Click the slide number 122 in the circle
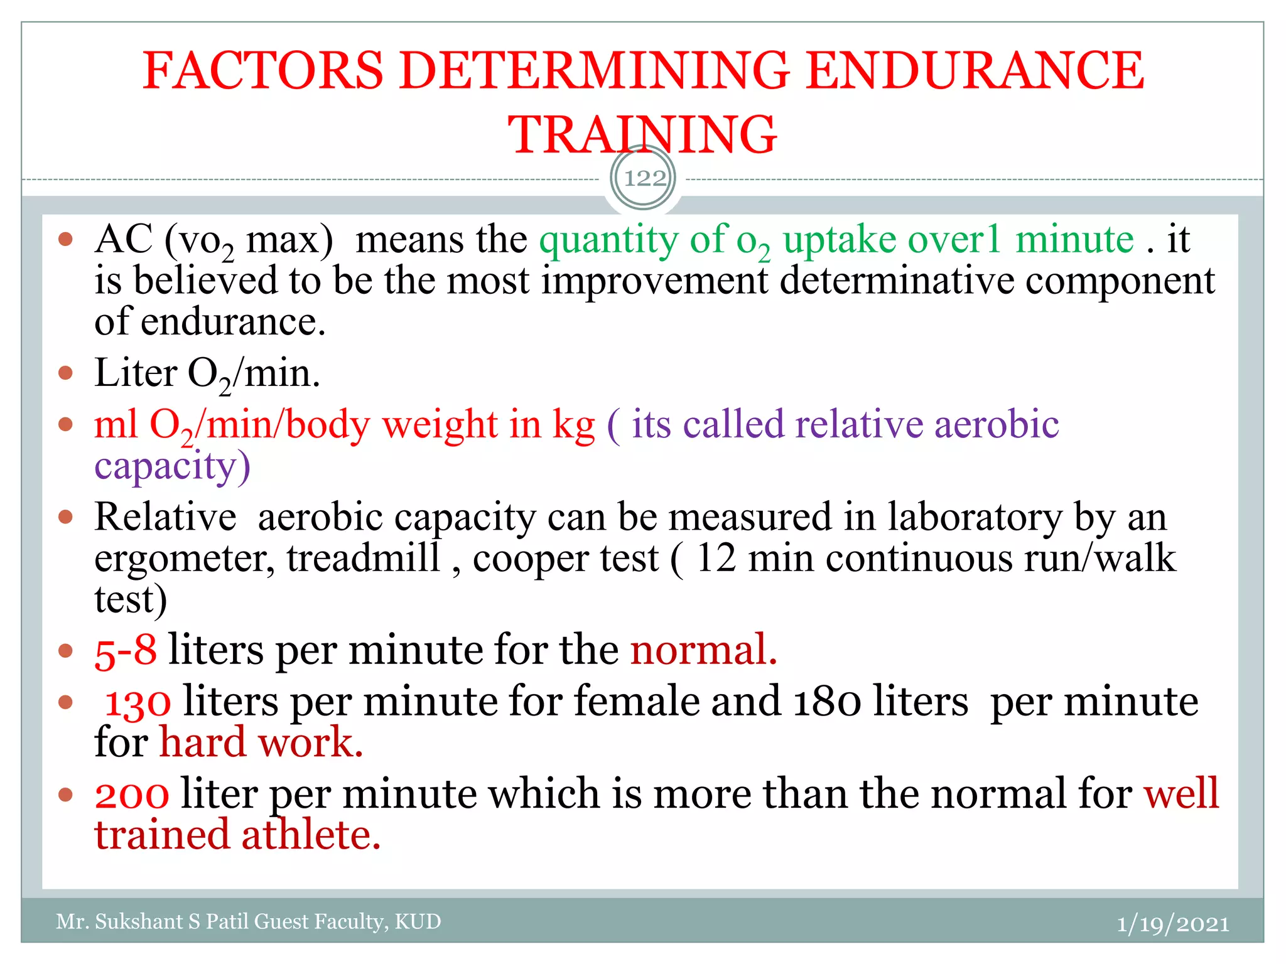click(644, 178)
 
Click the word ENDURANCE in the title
click(975, 70)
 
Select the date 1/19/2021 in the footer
click(1172, 924)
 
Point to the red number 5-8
click(125, 650)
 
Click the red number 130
click(138, 702)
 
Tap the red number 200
click(132, 794)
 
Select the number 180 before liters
click(828, 702)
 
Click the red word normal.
click(703, 650)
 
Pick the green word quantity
click(608, 240)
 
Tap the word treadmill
click(364, 557)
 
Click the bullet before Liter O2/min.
click(65, 373)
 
